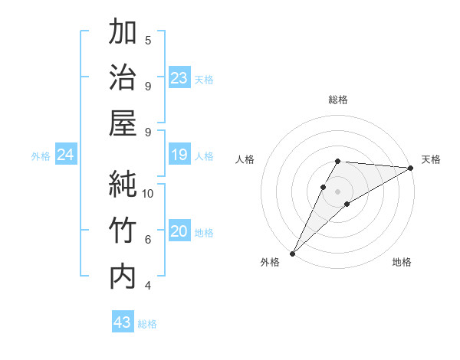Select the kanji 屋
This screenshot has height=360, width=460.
[123, 123]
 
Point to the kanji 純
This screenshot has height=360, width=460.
[123, 185]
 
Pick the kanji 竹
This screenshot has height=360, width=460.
[123, 231]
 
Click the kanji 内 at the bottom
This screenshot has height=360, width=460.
[123, 277]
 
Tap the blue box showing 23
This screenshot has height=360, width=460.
[179, 78]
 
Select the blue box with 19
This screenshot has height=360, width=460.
[179, 155]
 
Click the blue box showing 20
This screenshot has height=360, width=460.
[179, 232]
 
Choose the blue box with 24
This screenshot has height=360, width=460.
[65, 155]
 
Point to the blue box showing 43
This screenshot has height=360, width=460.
[123, 322]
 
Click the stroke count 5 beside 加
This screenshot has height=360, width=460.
[148, 40]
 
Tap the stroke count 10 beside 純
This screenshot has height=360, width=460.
[149, 193]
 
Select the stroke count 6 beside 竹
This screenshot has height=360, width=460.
[148, 239]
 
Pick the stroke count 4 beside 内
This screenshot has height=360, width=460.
[148, 286]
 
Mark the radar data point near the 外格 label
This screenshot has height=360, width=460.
[292, 253]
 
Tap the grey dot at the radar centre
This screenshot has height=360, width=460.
[337, 191]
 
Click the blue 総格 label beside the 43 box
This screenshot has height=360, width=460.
[147, 324]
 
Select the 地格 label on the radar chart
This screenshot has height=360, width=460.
[402, 262]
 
